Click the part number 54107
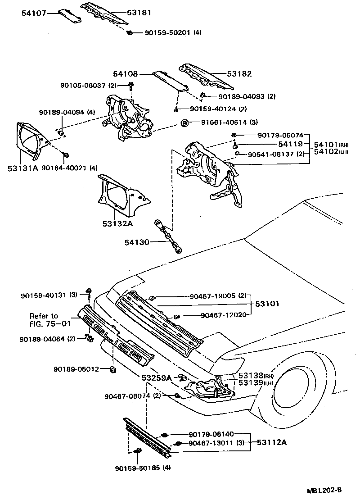33,13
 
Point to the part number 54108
125,73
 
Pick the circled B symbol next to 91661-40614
184,123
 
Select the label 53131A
22,168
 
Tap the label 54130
137,243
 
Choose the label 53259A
157,378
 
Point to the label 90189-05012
76,369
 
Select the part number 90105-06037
83,86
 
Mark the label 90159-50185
137,468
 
